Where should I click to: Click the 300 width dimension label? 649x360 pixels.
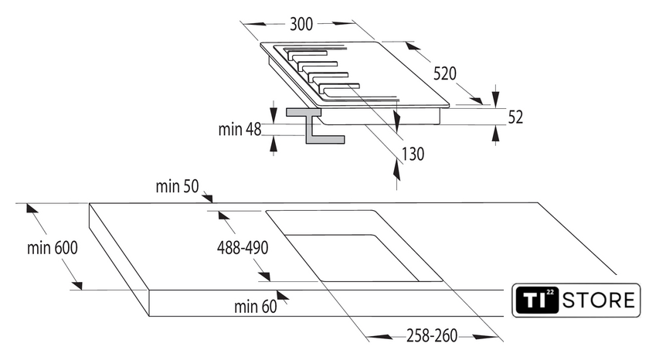(x=301, y=24)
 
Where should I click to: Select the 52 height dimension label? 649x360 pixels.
(x=515, y=117)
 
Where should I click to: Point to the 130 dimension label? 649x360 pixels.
(x=413, y=154)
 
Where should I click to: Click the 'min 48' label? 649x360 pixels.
(x=240, y=129)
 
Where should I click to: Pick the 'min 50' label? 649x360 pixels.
(x=178, y=186)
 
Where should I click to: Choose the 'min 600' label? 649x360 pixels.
(x=53, y=248)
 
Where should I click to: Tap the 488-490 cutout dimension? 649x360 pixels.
(x=242, y=248)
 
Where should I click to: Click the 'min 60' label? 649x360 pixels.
(x=255, y=307)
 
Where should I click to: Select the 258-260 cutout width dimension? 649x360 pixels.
(x=431, y=336)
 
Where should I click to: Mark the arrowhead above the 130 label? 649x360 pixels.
(x=396, y=121)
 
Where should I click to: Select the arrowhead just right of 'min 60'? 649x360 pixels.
(x=283, y=295)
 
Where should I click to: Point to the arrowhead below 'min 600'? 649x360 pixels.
(x=76, y=285)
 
